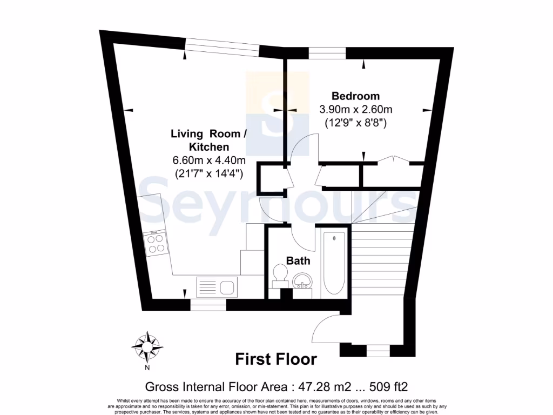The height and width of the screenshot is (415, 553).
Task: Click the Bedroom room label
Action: click(x=355, y=96)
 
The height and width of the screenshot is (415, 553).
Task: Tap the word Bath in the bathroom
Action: click(x=298, y=261)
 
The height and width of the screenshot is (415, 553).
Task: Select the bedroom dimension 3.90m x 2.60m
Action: click(x=355, y=110)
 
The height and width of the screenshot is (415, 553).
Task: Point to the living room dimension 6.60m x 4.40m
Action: click(x=208, y=160)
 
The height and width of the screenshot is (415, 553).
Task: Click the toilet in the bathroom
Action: click(x=280, y=274)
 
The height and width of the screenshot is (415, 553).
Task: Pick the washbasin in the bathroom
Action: click(x=302, y=281)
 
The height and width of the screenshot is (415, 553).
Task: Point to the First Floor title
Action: click(x=276, y=359)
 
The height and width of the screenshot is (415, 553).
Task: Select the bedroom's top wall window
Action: click(x=327, y=53)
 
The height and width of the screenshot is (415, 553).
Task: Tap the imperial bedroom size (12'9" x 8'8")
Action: click(x=355, y=123)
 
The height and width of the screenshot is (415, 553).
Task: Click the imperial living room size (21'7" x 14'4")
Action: click(x=208, y=173)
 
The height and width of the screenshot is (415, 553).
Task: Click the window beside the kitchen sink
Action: click(x=208, y=305)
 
